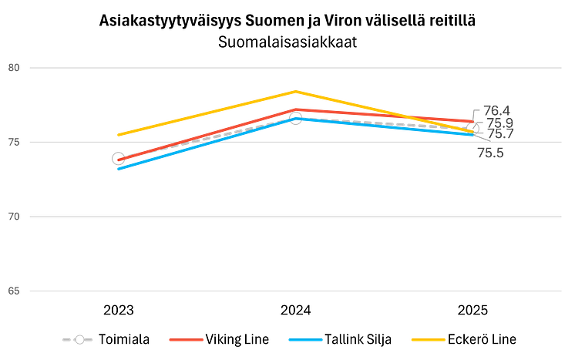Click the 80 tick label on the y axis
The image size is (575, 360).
pos(14,68)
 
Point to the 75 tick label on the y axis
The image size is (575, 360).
pos(14,142)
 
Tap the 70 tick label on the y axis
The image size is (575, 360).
pos(14,217)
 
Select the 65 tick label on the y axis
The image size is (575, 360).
pos(14,291)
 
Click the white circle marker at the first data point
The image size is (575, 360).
pos(117,159)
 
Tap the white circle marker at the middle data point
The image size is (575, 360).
pos(294,118)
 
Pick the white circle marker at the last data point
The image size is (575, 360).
pos(472,128)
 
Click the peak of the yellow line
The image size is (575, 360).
pos(294,90)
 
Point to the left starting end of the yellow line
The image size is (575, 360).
pos(117,136)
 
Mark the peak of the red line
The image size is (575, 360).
pos(294,109)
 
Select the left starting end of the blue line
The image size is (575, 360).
pos(118,170)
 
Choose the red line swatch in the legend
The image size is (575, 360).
pos(186,339)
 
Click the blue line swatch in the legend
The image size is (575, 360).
pos(305,339)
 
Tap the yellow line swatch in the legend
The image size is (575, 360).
pos(428,339)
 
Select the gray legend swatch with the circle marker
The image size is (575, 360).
pos(78,339)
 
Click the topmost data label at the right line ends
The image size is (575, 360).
pos(491,109)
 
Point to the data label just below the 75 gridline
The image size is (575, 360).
pos(490,153)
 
